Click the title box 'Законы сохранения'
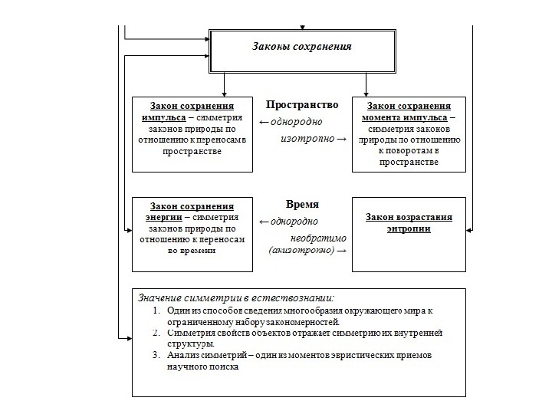click(302, 47)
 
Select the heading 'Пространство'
click(302, 105)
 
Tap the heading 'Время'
click(302, 205)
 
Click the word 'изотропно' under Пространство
click(307, 139)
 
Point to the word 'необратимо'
click(319, 238)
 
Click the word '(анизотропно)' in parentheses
click(301, 251)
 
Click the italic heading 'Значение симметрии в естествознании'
click(236, 297)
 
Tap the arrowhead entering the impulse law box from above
click(222, 92)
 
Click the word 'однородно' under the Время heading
click(295, 222)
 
